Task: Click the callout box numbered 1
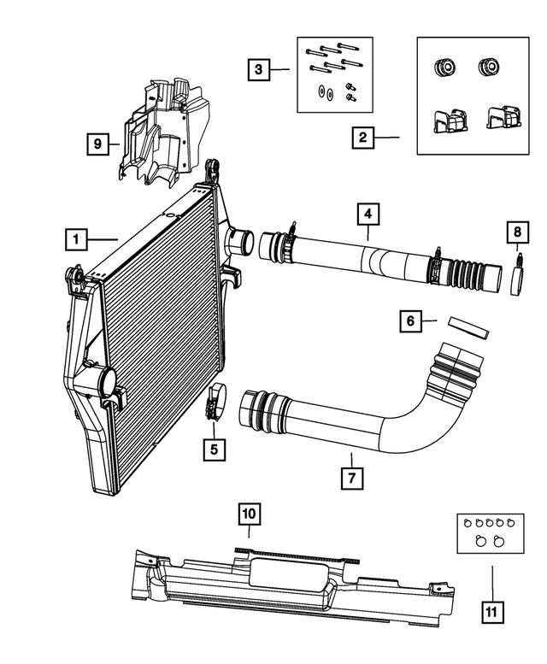click(x=77, y=239)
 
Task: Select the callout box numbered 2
click(x=363, y=137)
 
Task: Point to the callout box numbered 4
click(x=368, y=211)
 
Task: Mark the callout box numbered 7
click(x=349, y=478)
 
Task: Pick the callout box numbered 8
click(x=516, y=231)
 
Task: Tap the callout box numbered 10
click(x=249, y=514)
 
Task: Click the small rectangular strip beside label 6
click(x=468, y=327)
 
